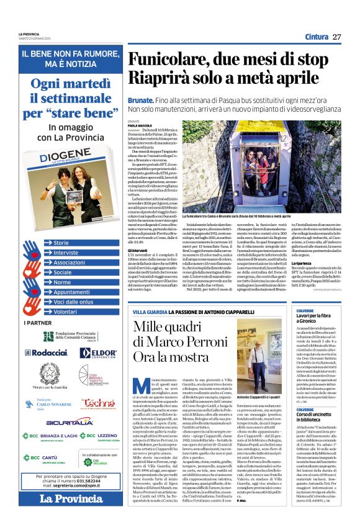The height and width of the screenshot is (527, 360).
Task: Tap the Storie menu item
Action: pyautogui.click(x=61, y=243)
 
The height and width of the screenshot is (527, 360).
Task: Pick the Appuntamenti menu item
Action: pyautogui.click(x=71, y=292)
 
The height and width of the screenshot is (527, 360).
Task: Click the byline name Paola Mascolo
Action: pyautogui.click(x=140, y=125)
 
